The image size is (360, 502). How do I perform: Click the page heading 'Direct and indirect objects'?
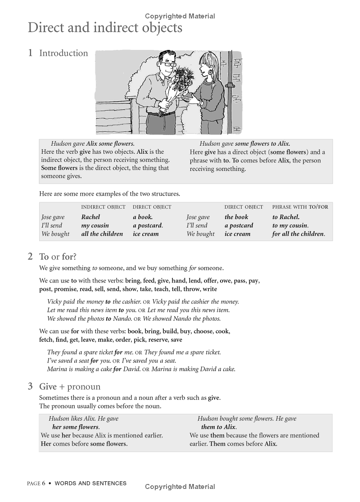pyautogui.click(x=105, y=28)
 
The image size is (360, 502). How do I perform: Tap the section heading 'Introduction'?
pyautogui.click(x=63, y=53)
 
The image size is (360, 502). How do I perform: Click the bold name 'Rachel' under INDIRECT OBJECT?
pyautogui.click(x=90, y=217)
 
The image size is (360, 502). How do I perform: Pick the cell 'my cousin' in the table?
pyautogui.click(x=95, y=225)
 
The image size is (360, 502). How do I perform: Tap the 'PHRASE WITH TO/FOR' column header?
pyautogui.click(x=300, y=207)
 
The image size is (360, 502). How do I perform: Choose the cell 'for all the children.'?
pyautogui.click(x=298, y=234)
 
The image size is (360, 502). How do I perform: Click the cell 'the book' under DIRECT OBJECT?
pyautogui.click(x=236, y=217)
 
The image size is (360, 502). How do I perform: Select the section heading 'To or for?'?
pyautogui.click(x=58, y=257)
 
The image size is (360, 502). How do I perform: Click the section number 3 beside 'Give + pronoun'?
pyautogui.click(x=30, y=386)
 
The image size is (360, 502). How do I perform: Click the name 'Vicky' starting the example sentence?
pyautogui.click(x=55, y=301)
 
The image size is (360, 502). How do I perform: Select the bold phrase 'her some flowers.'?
pyautogui.click(x=76, y=427)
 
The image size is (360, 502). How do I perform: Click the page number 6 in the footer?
pyautogui.click(x=44, y=484)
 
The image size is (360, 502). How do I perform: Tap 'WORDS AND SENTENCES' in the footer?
pyautogui.click(x=90, y=484)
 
